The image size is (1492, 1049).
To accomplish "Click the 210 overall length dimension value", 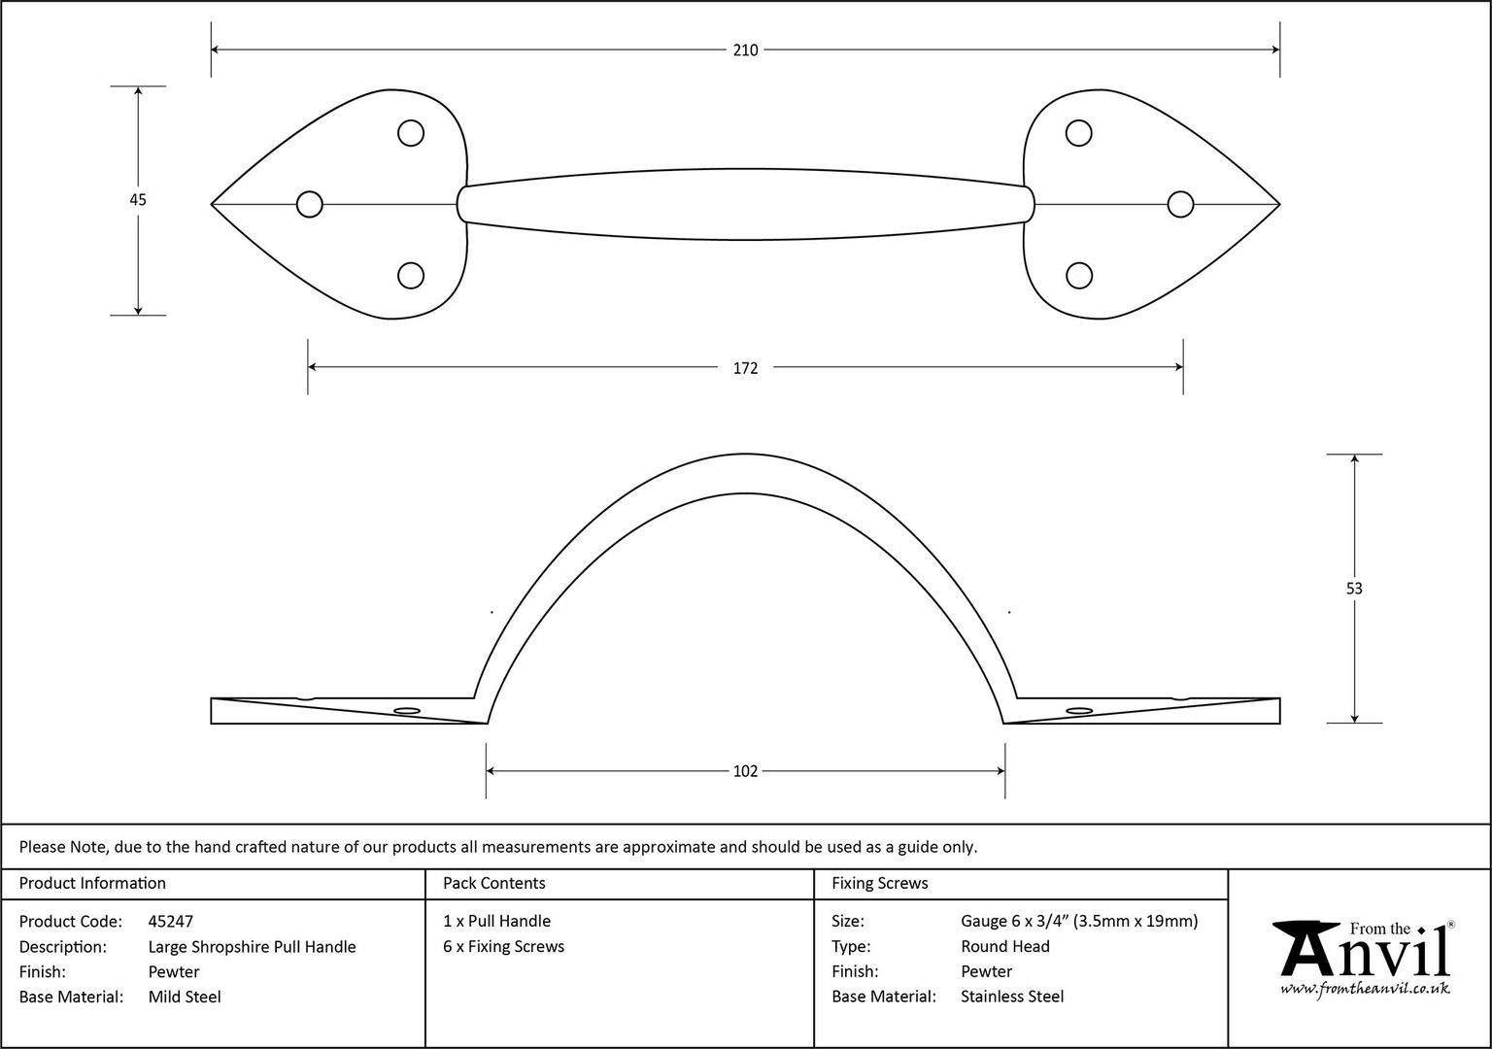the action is (745, 50).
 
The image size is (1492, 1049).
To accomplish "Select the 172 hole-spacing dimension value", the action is (745, 368).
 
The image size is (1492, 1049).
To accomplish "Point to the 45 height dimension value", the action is (138, 200).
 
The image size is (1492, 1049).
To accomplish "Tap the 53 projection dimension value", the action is (1354, 588).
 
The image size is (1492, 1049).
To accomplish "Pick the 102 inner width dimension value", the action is (745, 770).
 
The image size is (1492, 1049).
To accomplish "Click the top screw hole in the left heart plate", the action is (411, 133).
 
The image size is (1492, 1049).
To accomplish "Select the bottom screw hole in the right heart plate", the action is (1079, 275).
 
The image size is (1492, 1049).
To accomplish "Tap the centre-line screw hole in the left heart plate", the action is (309, 204).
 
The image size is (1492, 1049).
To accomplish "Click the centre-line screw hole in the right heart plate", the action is (1180, 204).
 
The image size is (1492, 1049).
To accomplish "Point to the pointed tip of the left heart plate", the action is (212, 204).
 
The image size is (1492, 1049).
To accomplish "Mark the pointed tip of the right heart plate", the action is (1279, 204).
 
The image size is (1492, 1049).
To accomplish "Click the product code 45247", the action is (171, 921).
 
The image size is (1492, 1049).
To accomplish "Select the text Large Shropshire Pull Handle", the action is (252, 946).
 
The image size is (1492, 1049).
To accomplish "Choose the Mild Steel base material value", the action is (185, 997).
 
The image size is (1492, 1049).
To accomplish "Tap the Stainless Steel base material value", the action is (1012, 997).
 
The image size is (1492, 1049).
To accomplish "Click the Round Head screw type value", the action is (1005, 946).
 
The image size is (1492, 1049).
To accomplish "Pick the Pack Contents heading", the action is (494, 883).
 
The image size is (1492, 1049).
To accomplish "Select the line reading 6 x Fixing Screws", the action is (503, 946).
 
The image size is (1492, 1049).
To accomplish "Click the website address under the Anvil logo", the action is (1365, 989).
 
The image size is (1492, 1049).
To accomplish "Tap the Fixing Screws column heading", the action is (879, 883).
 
